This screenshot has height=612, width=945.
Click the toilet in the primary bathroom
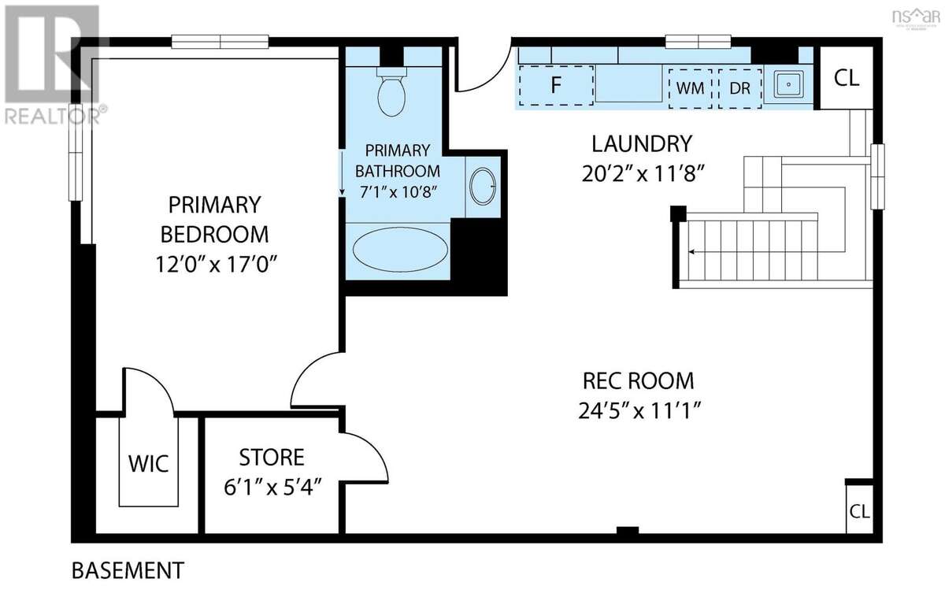392,92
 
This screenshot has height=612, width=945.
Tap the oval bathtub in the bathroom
400,250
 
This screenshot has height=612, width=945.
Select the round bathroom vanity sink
483,186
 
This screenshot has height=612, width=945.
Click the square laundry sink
788,85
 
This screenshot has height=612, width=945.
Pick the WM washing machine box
690,88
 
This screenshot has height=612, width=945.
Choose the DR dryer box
740,88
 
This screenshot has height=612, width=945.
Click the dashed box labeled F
556,85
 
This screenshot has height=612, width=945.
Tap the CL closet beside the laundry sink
847,78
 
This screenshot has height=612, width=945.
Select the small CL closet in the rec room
859,511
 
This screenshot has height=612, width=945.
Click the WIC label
149,464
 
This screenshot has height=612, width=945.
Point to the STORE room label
272,458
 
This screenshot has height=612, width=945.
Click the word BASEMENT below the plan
128,570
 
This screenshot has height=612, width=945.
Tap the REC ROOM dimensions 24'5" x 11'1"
639,410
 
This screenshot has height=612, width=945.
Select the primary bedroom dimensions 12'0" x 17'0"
216,265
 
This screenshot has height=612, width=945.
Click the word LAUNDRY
642,144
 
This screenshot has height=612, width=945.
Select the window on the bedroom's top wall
220,42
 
